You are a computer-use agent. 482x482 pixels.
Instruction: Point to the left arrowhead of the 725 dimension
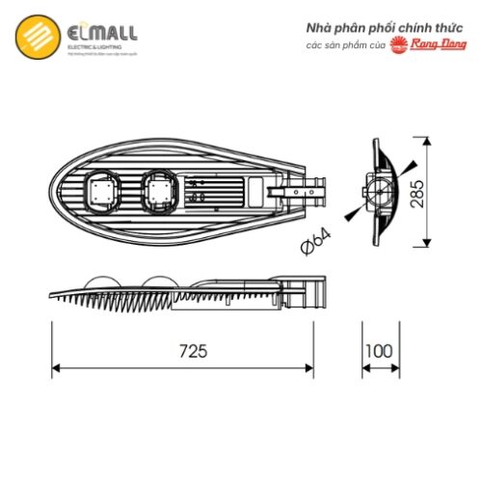[x=54, y=367]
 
